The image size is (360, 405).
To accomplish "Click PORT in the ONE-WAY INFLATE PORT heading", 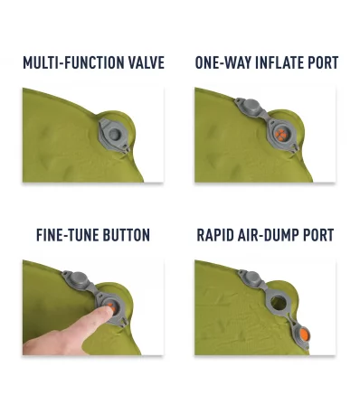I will tap(322, 63).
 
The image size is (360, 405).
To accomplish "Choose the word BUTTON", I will tap(127, 235).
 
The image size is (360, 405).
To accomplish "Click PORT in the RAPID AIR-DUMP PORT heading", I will tap(317, 235).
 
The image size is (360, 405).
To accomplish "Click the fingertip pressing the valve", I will tap(107, 308).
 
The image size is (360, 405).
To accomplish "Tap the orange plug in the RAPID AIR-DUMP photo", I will tap(305, 335).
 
